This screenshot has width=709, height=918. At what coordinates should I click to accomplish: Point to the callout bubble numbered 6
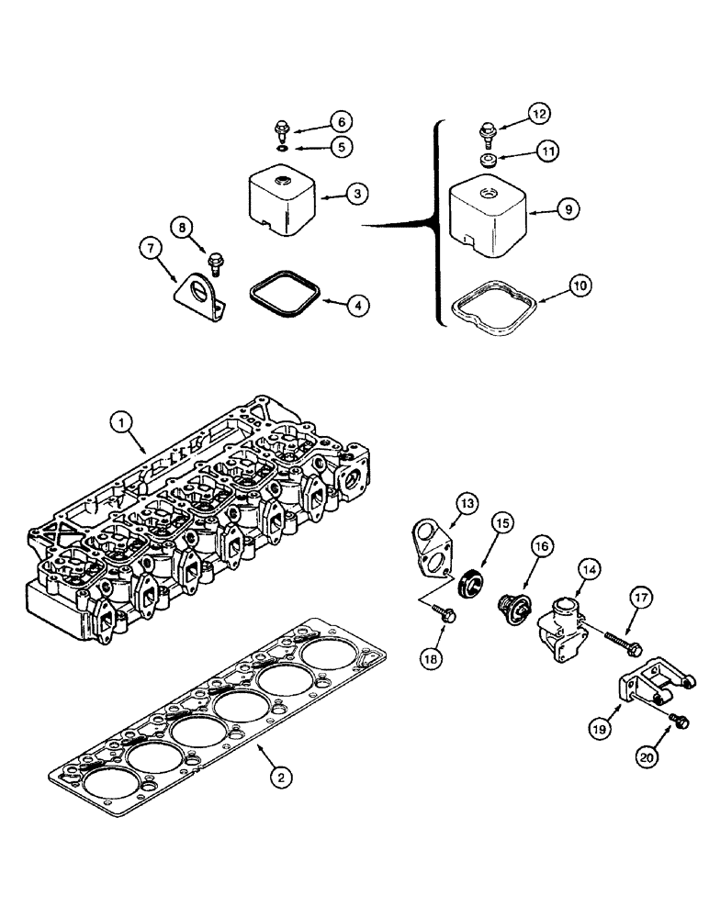point(315,121)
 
